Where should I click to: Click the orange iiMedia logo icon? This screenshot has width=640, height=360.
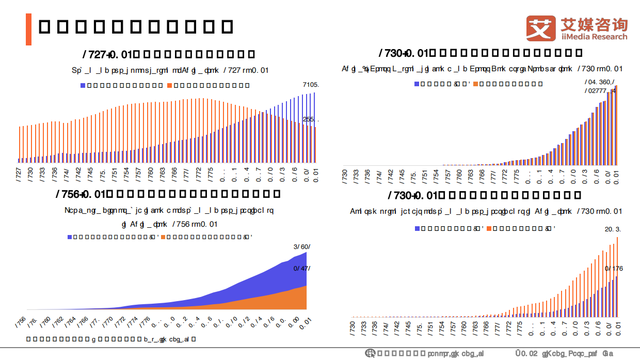pyautogui.click(x=541, y=29)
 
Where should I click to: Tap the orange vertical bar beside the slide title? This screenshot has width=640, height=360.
pyautogui.click(x=29, y=29)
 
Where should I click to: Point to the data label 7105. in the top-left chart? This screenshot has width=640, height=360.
pyautogui.click(x=311, y=85)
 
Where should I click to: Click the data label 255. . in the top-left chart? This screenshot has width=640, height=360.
pyautogui.click(x=311, y=119)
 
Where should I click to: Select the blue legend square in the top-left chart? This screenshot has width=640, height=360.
pyautogui.click(x=83, y=85)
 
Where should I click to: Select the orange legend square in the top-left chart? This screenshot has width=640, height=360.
pyautogui.click(x=169, y=85)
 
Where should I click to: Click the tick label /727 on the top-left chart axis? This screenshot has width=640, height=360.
pyautogui.click(x=19, y=172)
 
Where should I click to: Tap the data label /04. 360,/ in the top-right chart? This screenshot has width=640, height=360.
pyautogui.click(x=599, y=82)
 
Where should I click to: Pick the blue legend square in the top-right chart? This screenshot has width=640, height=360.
pyautogui.click(x=417, y=83)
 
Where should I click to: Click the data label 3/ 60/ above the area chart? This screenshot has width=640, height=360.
pyautogui.click(x=301, y=247)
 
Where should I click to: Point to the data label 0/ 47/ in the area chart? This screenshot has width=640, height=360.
pyautogui.click(x=301, y=269)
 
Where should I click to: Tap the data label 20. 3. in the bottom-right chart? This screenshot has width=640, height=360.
pyautogui.click(x=613, y=229)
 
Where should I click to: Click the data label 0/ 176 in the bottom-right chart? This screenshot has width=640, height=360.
pyautogui.click(x=614, y=269)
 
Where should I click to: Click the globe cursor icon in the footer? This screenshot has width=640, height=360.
pyautogui.click(x=370, y=353)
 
